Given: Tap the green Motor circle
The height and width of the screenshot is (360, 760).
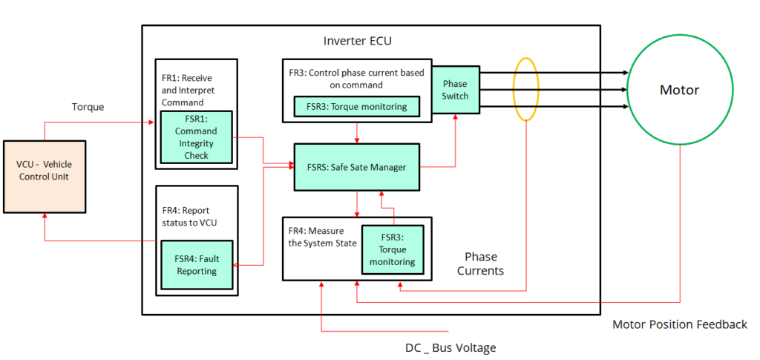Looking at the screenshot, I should (679, 91).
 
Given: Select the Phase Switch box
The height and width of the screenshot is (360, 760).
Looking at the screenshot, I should (455, 90).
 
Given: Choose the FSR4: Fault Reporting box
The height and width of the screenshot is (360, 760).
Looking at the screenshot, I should (197, 265).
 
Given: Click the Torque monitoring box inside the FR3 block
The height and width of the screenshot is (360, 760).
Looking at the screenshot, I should (356, 107).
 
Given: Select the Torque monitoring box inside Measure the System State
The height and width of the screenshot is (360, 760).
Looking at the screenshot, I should (394, 250).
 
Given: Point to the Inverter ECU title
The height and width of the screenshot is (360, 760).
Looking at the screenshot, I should (357, 42).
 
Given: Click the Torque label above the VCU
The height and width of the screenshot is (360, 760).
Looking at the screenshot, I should (88, 107).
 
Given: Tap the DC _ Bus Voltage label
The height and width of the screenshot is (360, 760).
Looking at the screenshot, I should (450, 347).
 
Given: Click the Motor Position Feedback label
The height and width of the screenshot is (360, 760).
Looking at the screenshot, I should (679, 324).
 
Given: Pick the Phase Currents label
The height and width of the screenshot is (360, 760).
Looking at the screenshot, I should (479, 264).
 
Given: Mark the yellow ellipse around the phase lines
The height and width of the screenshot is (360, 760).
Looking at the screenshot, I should (526, 89).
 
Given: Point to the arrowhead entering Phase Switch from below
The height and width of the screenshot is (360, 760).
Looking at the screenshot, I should (455, 118).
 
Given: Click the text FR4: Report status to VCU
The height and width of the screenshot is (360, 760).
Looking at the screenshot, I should (187, 216).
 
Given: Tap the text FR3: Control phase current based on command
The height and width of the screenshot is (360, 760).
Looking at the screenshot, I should (356, 78).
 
